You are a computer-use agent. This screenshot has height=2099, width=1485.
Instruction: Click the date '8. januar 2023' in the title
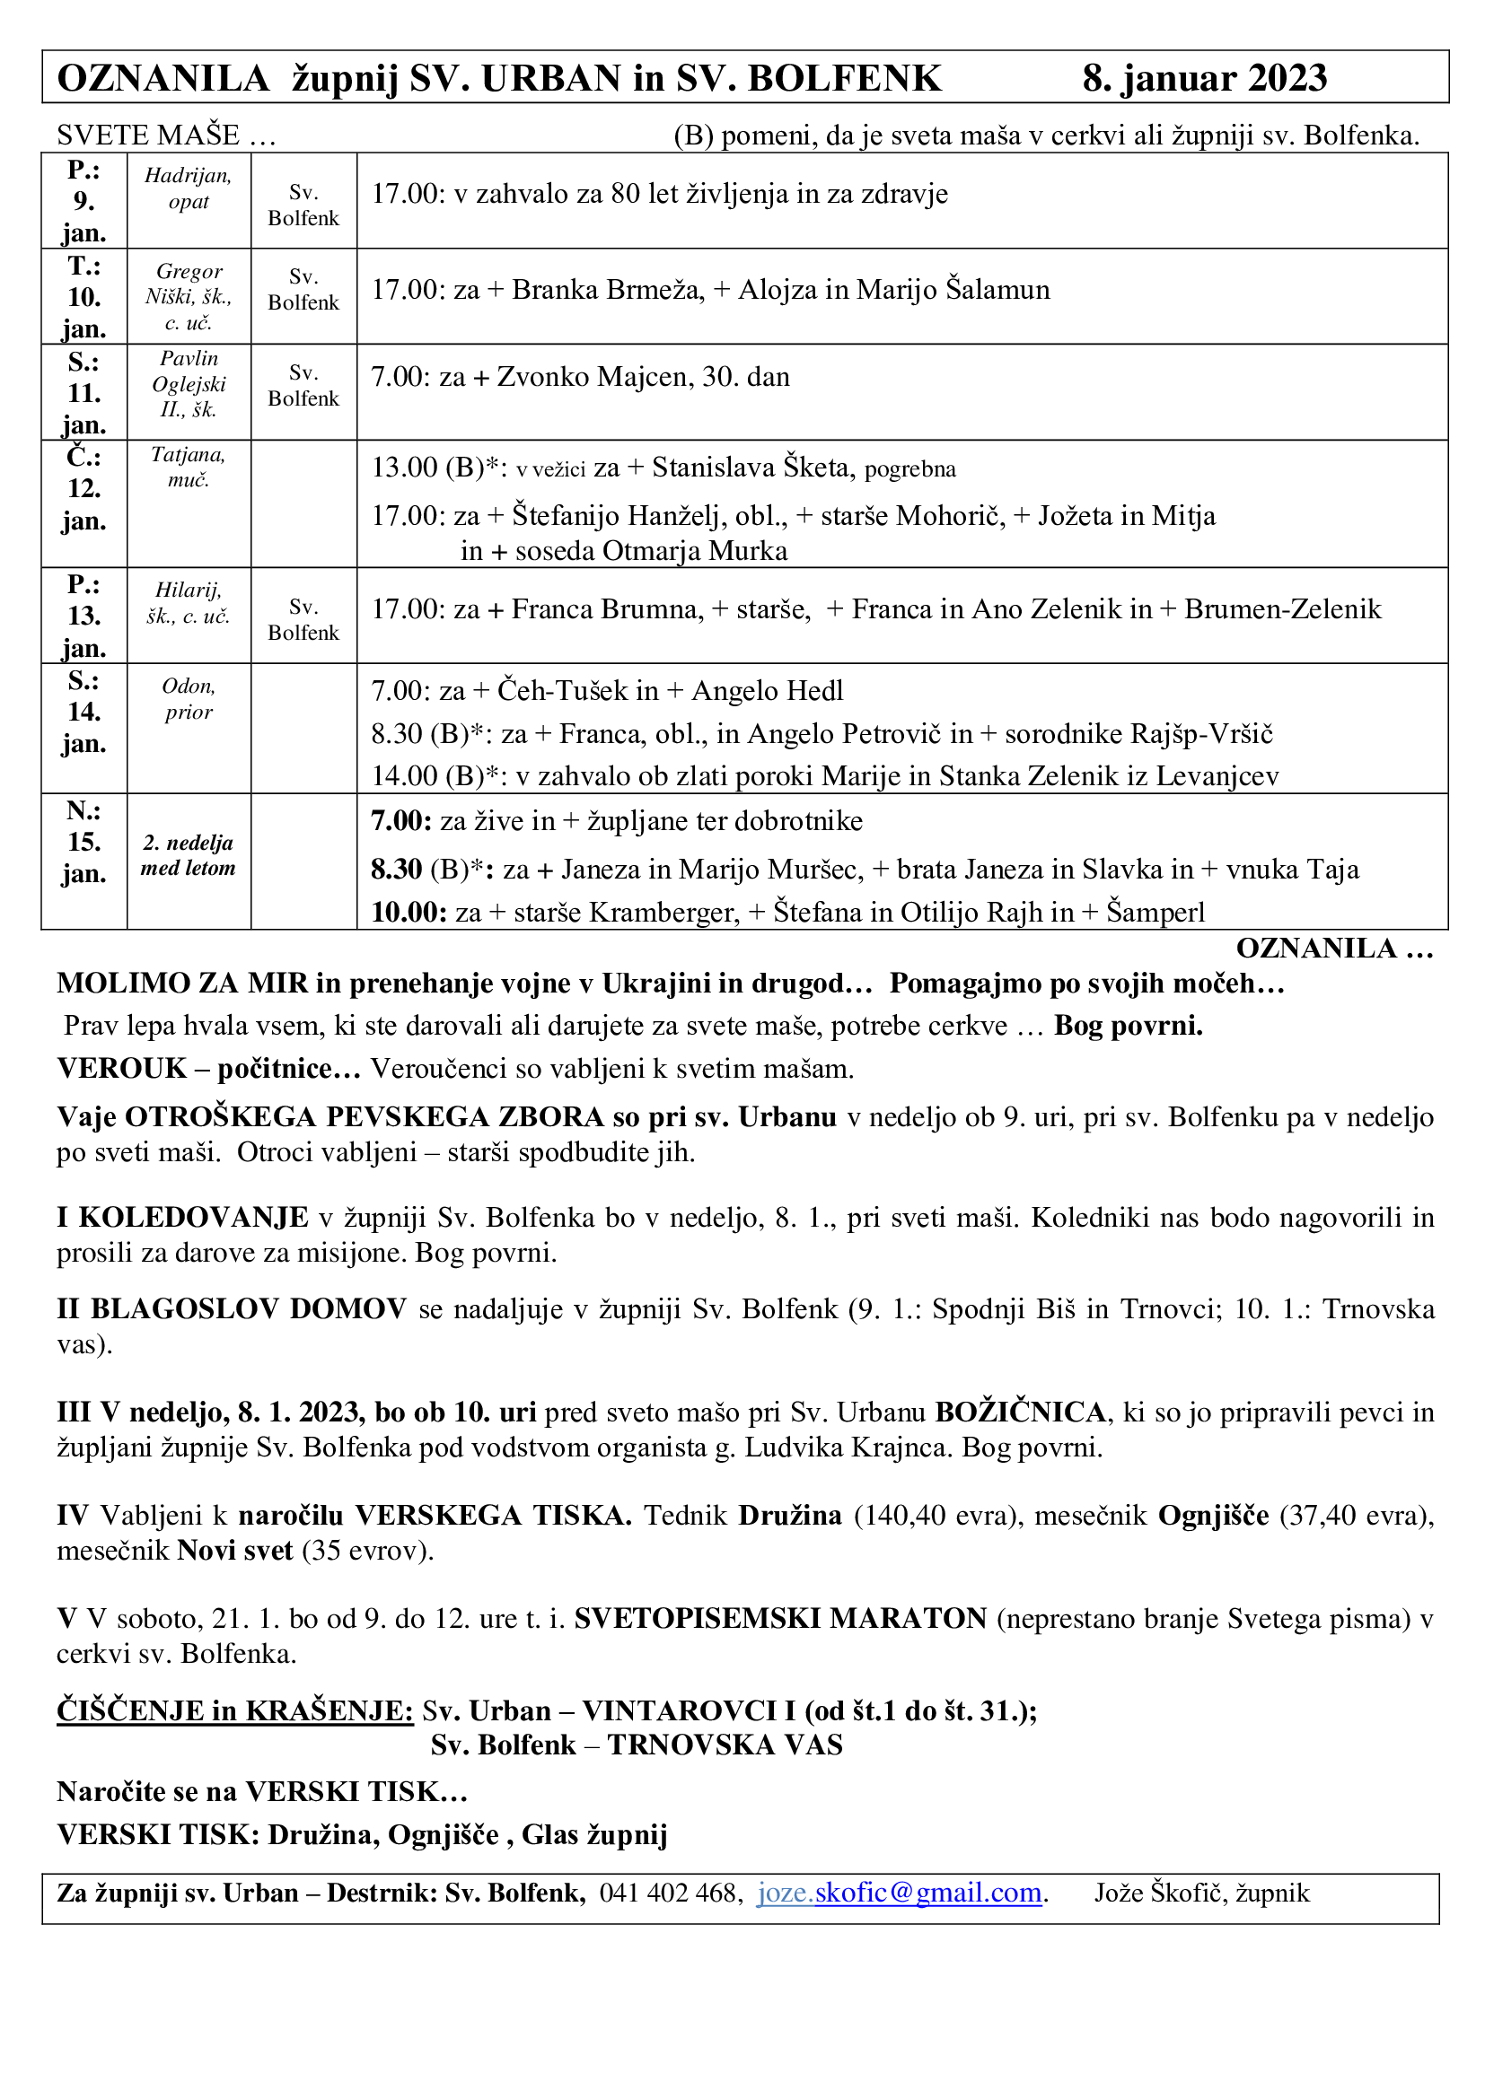pyautogui.click(x=1203, y=79)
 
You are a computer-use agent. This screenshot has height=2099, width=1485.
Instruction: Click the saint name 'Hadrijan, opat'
pyautogui.click(x=189, y=188)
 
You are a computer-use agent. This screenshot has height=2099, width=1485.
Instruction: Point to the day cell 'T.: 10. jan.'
pyautogui.click(x=84, y=296)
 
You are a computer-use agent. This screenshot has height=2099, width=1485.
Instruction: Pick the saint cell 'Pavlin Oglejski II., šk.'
pyautogui.click(x=189, y=384)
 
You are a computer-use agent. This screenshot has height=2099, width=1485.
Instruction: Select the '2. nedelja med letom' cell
pyautogui.click(x=189, y=855)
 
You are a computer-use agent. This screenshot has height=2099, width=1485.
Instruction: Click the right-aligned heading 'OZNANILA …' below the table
pyautogui.click(x=1334, y=948)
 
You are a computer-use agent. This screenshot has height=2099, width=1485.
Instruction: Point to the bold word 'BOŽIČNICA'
pyautogui.click(x=1020, y=1412)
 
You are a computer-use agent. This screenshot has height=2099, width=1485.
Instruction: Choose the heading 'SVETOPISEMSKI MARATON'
pyautogui.click(x=780, y=1618)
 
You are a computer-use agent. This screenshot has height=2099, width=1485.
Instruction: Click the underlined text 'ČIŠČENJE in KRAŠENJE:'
pyautogui.click(x=235, y=1710)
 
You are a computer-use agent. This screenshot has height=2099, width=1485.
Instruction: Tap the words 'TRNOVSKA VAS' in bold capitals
pyautogui.click(x=725, y=1745)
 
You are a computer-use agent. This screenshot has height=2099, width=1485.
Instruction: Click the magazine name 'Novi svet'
pyautogui.click(x=235, y=1550)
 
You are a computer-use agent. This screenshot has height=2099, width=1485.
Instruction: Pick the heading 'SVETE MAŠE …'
pyautogui.click(x=165, y=136)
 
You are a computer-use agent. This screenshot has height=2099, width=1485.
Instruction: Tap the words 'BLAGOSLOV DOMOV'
pyautogui.click(x=248, y=1309)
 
